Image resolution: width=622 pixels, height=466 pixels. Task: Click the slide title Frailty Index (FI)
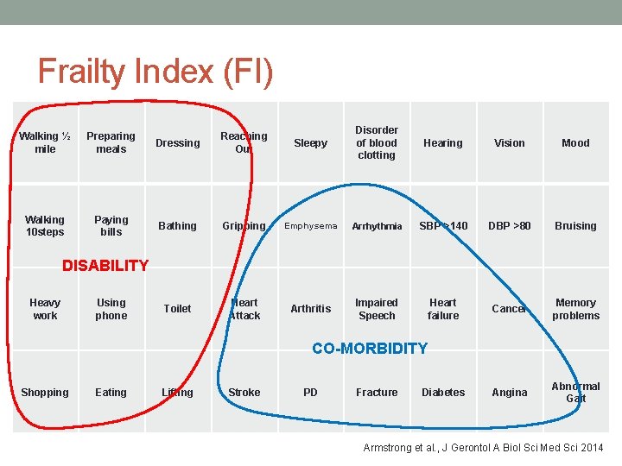(x=155, y=72)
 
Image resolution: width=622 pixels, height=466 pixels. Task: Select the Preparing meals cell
(x=111, y=142)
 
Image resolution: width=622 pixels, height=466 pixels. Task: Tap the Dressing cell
(x=177, y=143)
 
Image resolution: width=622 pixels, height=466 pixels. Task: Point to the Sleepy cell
(x=310, y=143)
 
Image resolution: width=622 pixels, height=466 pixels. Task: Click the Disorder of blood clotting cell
(x=377, y=142)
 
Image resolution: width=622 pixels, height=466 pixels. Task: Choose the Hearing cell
(x=443, y=143)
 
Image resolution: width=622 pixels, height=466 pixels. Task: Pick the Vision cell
(x=510, y=143)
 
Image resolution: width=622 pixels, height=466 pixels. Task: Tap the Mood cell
(x=575, y=143)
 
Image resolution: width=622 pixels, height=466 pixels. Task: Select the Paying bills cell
(x=111, y=225)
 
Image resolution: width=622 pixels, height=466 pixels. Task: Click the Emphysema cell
(x=310, y=226)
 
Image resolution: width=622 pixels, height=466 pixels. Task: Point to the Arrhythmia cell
(x=377, y=226)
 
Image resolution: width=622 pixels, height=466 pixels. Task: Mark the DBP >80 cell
(x=510, y=226)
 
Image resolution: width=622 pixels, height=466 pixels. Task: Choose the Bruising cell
(x=575, y=226)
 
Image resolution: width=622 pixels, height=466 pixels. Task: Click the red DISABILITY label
(x=105, y=266)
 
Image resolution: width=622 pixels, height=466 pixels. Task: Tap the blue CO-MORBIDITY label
(x=370, y=349)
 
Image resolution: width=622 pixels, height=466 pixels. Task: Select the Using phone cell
(x=111, y=309)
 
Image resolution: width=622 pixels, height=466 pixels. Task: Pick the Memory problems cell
(x=575, y=309)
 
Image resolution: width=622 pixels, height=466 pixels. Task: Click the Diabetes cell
(x=443, y=393)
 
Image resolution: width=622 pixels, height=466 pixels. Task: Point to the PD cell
(x=310, y=393)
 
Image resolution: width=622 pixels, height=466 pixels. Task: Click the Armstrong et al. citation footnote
(x=483, y=447)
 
